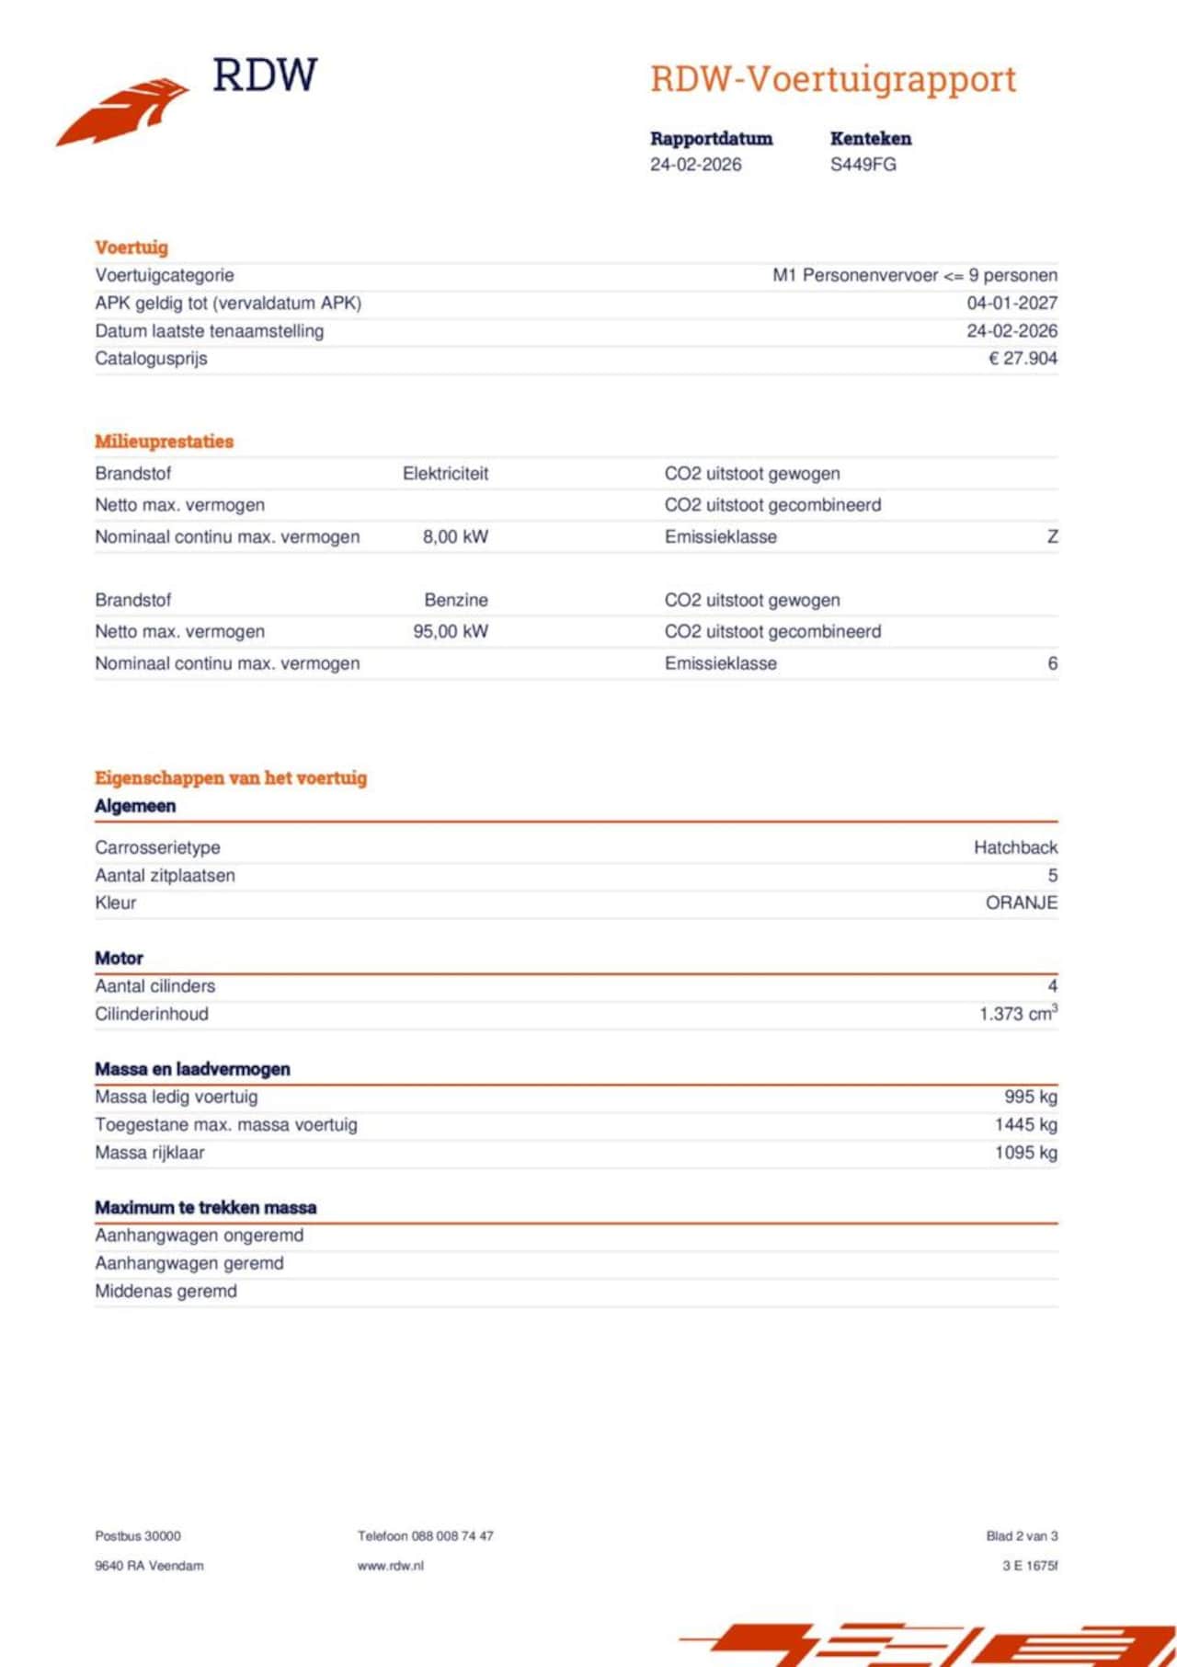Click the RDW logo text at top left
point(265,75)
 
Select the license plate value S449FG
point(863,165)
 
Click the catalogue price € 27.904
point(1023,359)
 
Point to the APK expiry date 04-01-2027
point(1011,303)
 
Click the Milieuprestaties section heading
point(164,442)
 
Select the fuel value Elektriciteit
point(445,474)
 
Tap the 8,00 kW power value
point(455,537)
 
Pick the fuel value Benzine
point(456,601)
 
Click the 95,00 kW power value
point(451,632)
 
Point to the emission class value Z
point(1052,537)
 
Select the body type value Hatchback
point(1015,847)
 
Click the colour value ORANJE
point(1021,903)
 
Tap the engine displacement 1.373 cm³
point(1018,1014)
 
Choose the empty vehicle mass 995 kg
point(1030,1097)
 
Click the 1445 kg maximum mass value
point(1025,1125)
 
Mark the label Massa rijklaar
point(150,1153)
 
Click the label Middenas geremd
point(166,1292)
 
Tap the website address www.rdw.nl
point(391,1566)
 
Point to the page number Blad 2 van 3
point(1022,1535)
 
